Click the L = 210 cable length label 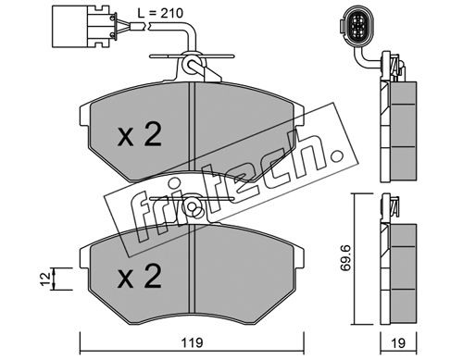[x=160, y=13]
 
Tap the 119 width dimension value [x=192, y=342]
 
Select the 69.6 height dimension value [x=345, y=257]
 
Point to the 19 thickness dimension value [x=398, y=342]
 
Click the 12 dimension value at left [x=45, y=279]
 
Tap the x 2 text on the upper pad [x=140, y=134]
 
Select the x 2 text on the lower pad [x=140, y=276]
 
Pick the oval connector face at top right [x=357, y=26]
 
